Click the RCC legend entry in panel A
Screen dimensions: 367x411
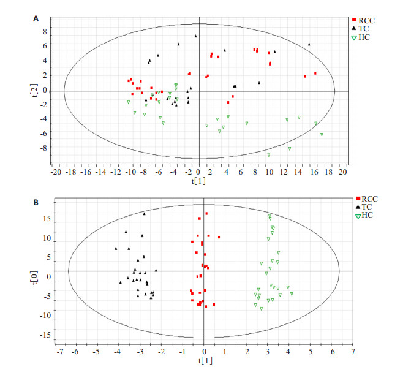point(366,20)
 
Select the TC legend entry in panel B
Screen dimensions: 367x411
point(366,207)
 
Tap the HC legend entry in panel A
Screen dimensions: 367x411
point(366,37)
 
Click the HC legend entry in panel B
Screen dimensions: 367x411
point(366,215)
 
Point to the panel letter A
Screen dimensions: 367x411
point(36,20)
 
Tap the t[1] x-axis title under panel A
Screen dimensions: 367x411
point(198,181)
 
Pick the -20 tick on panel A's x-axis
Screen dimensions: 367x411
point(56,173)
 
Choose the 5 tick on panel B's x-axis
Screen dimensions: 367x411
point(310,352)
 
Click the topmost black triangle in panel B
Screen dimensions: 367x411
point(145,214)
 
